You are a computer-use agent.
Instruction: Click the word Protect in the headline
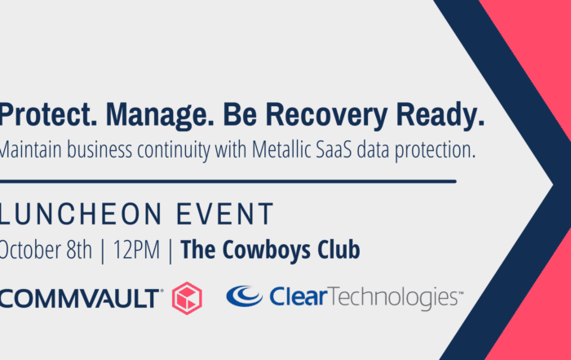tap(48, 114)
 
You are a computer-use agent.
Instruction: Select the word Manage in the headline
tap(160, 116)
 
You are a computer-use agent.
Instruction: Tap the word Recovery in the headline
tap(326, 116)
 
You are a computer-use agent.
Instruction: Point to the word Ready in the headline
tap(440, 116)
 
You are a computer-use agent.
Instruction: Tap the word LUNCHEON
tap(81, 214)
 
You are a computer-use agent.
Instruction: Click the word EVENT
tap(224, 214)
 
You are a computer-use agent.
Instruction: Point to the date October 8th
tap(46, 250)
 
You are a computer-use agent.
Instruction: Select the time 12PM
tap(136, 250)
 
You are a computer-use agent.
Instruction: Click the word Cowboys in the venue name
tap(266, 251)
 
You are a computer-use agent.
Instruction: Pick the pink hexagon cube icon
tap(187, 298)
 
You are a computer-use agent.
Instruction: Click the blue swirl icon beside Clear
tap(244, 296)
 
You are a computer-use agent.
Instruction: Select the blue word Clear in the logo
tap(299, 296)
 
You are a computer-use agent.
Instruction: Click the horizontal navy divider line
tap(228, 181)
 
